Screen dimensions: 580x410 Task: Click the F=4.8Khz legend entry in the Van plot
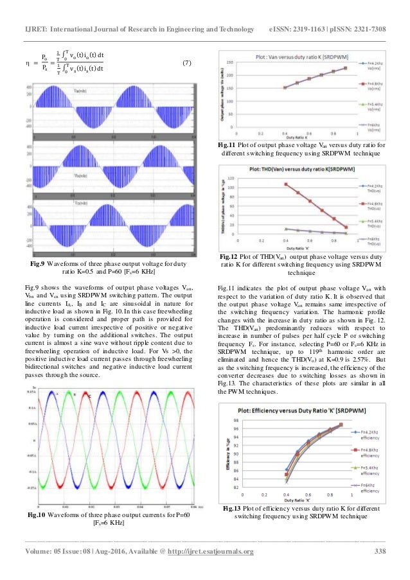coord(371,84)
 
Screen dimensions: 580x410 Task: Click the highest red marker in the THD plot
coord(285,184)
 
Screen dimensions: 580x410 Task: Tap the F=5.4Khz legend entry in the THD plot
coord(371,222)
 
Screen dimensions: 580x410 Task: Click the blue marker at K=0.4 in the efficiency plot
coord(287,470)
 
